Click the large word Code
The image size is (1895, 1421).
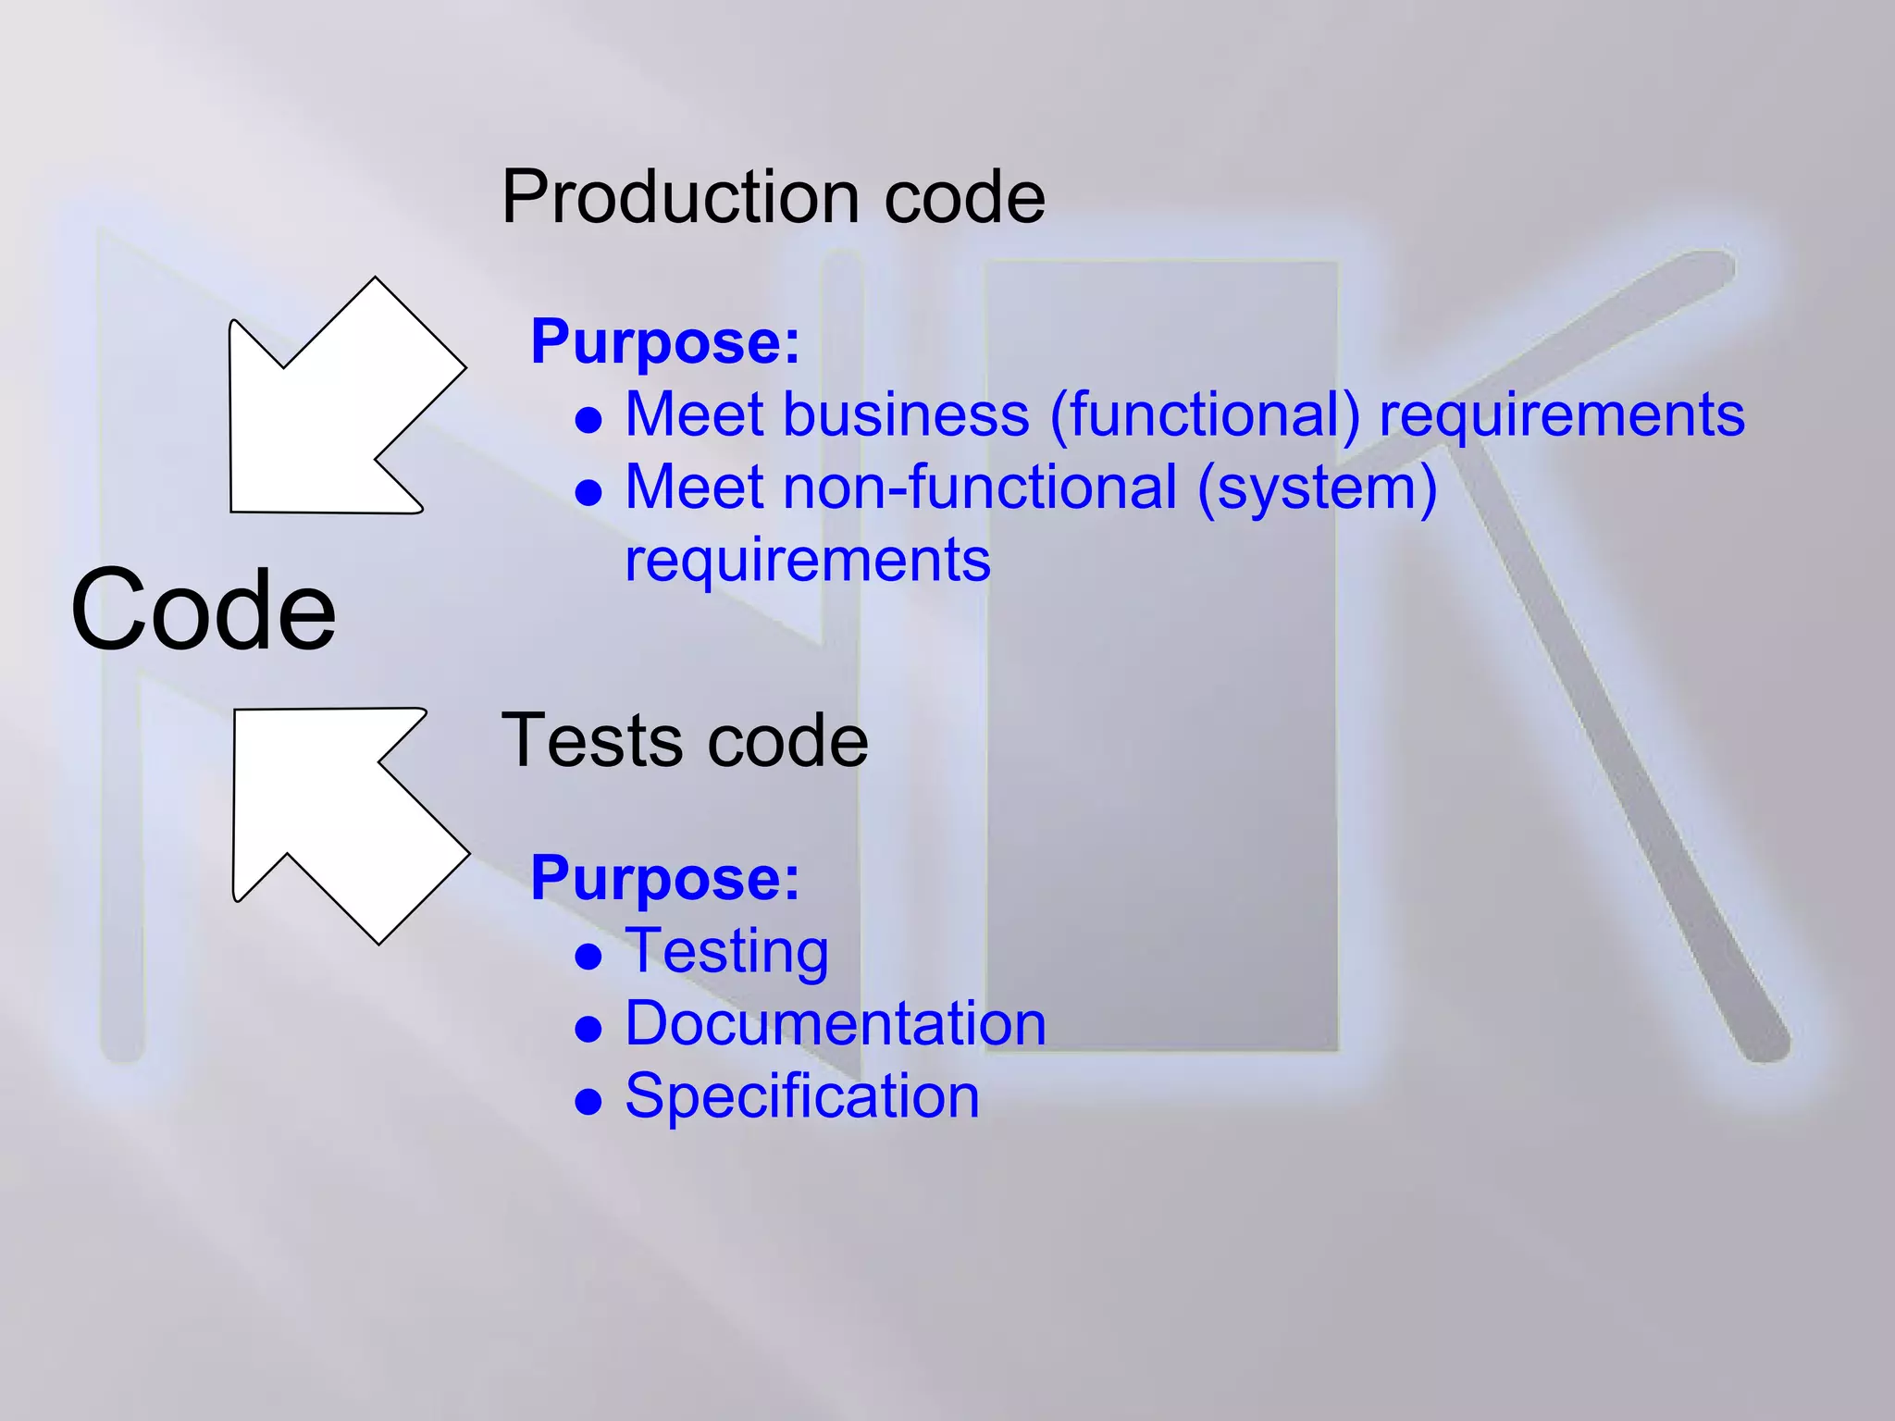(x=204, y=611)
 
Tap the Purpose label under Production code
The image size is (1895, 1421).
(x=664, y=342)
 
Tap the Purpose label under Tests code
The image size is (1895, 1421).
(x=664, y=878)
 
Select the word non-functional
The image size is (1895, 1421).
(x=980, y=488)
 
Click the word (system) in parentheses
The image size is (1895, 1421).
(x=1318, y=489)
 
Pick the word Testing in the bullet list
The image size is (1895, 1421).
(x=727, y=952)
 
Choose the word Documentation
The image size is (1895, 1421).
(x=836, y=1024)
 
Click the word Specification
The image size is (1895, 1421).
(x=802, y=1096)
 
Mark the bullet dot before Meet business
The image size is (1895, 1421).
(x=588, y=421)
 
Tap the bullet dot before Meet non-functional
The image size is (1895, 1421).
(x=588, y=493)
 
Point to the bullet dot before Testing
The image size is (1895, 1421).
(x=588, y=957)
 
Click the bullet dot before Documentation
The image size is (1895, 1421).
(x=588, y=1029)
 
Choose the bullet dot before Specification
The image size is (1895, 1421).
(x=588, y=1101)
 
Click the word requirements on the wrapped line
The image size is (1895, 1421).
(x=808, y=561)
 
